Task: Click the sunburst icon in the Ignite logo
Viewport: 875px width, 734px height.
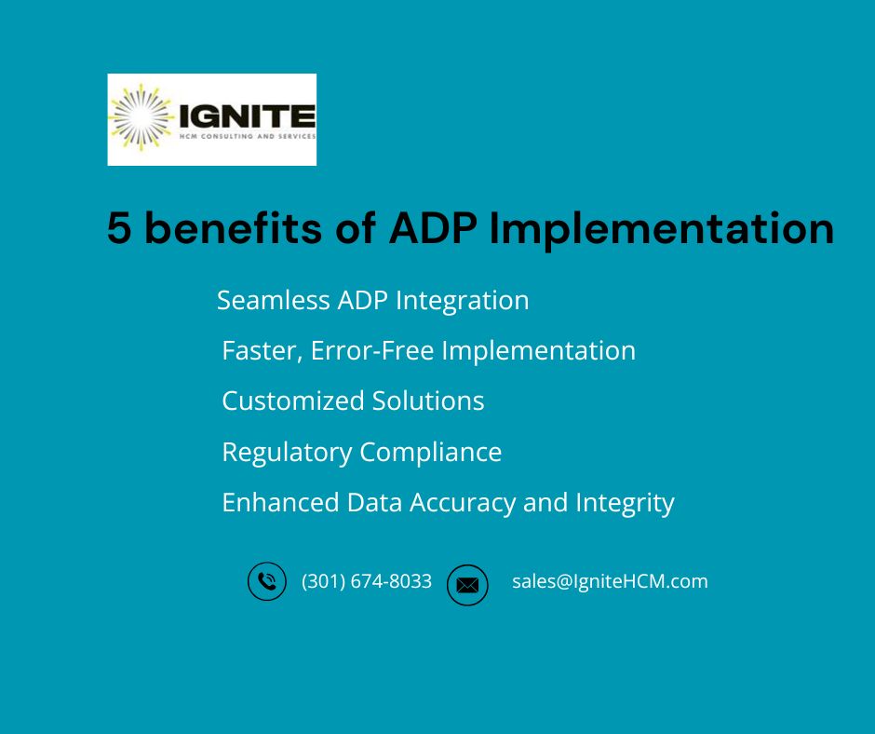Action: click(x=141, y=117)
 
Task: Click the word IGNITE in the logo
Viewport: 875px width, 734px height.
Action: click(x=248, y=116)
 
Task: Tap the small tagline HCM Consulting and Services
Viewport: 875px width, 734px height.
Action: click(x=248, y=136)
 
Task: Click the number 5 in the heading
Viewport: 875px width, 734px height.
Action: click(x=119, y=228)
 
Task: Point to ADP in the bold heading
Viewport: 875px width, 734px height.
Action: click(x=433, y=228)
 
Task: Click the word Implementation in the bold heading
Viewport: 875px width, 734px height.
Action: click(x=661, y=230)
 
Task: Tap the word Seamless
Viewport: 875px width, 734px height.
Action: click(x=274, y=300)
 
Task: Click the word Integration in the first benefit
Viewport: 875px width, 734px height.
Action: click(x=462, y=302)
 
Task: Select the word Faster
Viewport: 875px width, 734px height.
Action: click(x=262, y=351)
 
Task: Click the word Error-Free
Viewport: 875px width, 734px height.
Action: click(x=372, y=351)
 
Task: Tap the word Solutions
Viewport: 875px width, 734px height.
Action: click(x=428, y=401)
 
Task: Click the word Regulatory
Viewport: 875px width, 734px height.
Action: click(x=287, y=453)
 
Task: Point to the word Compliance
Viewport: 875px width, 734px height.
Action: click(x=430, y=453)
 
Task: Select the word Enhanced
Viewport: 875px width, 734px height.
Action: click(x=281, y=502)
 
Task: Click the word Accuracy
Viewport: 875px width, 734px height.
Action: click(x=463, y=504)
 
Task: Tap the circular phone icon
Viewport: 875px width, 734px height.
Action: click(x=267, y=581)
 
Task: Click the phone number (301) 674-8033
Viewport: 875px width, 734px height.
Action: click(x=367, y=581)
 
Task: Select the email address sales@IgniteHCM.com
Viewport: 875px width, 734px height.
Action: click(x=610, y=581)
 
